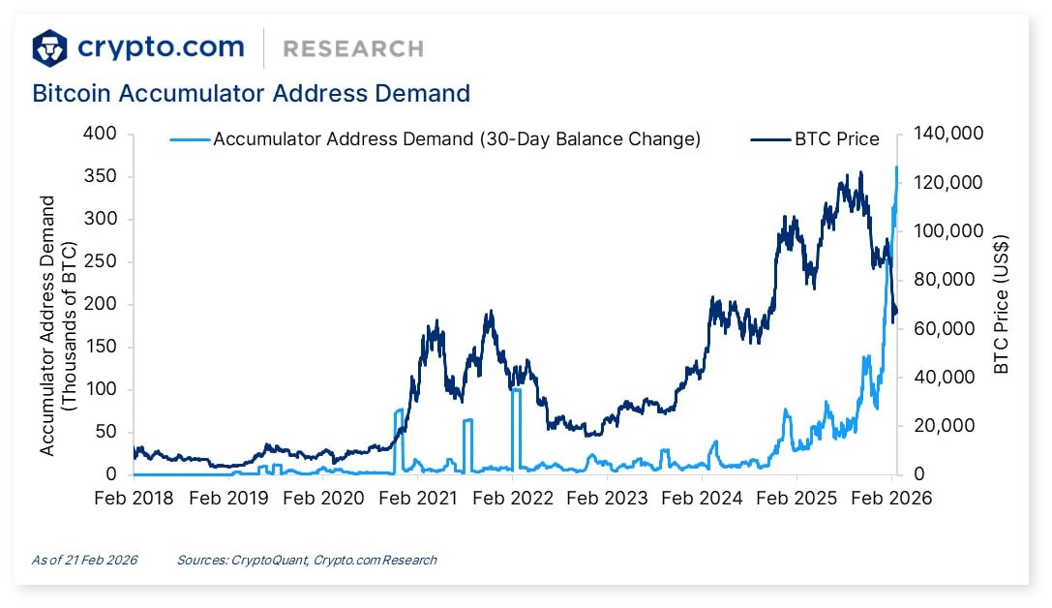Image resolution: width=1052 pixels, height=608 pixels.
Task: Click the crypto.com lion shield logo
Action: tap(50, 47)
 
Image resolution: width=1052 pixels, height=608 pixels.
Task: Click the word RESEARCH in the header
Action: tap(353, 48)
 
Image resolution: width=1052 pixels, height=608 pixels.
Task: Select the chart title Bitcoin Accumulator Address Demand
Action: tap(251, 94)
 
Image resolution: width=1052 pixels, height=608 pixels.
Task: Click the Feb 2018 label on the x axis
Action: tap(135, 499)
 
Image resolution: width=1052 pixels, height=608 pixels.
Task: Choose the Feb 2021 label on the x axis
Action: tap(419, 499)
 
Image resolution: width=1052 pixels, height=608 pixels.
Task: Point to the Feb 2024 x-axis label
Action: tap(703, 499)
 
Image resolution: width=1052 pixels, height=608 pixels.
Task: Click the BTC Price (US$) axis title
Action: tap(1002, 304)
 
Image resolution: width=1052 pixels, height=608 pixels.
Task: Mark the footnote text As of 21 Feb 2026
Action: tap(84, 560)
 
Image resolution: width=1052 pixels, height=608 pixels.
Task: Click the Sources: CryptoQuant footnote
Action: tap(307, 560)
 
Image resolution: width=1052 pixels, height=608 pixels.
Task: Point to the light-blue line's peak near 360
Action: tap(895, 168)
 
